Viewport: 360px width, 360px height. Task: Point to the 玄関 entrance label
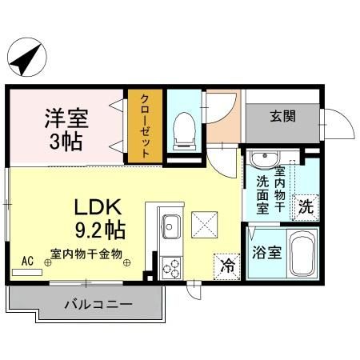click(x=282, y=115)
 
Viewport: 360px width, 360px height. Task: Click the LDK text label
click(x=98, y=207)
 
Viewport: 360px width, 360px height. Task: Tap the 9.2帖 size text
click(x=99, y=231)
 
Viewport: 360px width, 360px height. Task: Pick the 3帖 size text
click(x=66, y=144)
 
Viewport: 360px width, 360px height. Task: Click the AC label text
click(x=27, y=261)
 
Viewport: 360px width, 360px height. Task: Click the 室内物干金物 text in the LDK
click(x=86, y=254)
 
